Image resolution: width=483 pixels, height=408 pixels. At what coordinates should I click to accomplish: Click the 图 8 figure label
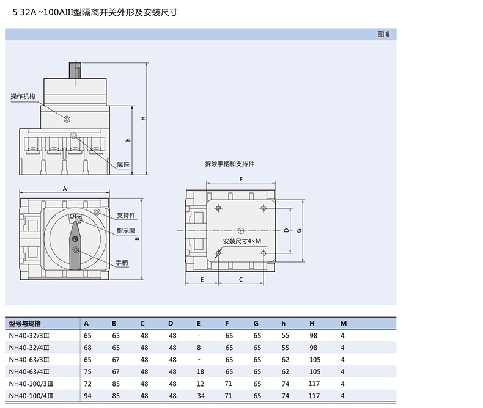(383, 34)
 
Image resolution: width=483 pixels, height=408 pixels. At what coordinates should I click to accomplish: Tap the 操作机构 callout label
(23, 97)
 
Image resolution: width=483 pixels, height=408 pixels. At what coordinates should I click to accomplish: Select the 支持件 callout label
(126, 216)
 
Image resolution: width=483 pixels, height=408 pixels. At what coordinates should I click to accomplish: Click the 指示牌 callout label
(126, 230)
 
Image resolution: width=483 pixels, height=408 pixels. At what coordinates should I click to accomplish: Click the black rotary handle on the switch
(76, 247)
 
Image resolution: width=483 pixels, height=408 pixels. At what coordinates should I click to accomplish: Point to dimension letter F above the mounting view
(241, 179)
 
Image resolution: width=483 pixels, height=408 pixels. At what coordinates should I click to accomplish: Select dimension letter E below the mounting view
(202, 279)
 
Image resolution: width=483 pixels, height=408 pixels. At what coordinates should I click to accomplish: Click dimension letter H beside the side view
(142, 118)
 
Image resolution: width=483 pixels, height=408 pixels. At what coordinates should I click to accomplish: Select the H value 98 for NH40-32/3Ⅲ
(314, 335)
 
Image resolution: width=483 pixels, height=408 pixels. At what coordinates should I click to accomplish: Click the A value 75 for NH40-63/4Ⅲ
(87, 371)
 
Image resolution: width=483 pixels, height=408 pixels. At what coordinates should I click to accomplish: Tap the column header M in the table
(343, 323)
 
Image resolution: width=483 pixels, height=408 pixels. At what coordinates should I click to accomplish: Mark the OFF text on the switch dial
(75, 216)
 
